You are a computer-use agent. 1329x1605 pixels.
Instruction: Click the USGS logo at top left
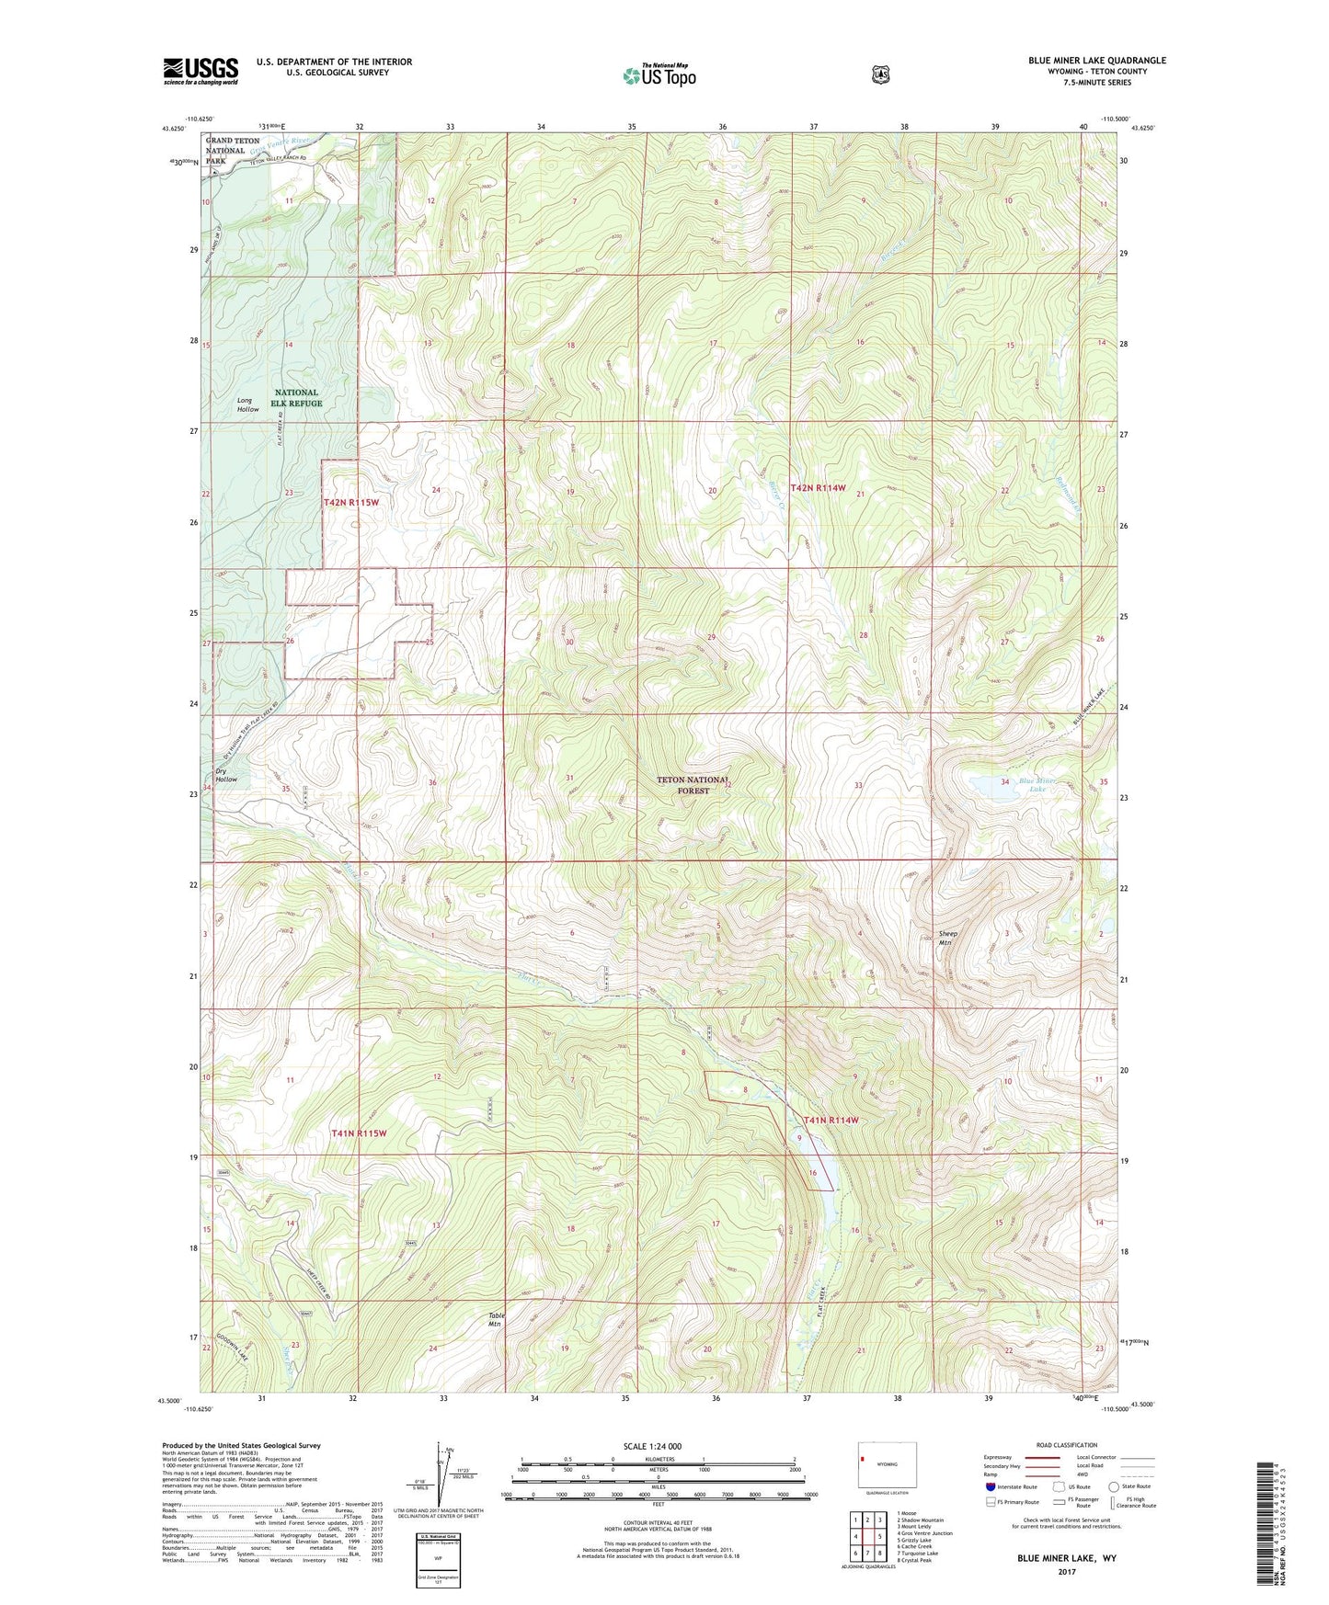point(200,71)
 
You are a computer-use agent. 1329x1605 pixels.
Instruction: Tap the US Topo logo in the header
point(658,75)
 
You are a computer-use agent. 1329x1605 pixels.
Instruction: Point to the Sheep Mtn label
point(946,939)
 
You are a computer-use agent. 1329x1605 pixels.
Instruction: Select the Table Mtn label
point(496,1319)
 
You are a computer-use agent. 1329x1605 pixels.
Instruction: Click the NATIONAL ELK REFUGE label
point(297,398)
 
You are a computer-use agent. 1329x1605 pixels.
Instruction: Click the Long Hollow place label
point(246,404)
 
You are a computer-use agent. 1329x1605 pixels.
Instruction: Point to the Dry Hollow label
point(226,775)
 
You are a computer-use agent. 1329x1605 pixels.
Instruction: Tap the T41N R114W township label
point(831,1120)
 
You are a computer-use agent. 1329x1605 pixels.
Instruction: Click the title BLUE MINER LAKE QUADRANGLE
point(1096,61)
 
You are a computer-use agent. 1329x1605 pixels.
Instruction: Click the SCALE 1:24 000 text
point(652,1446)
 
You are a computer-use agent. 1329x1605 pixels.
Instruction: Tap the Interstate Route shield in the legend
point(990,1485)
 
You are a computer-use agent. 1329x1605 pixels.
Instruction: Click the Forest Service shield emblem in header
point(880,74)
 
